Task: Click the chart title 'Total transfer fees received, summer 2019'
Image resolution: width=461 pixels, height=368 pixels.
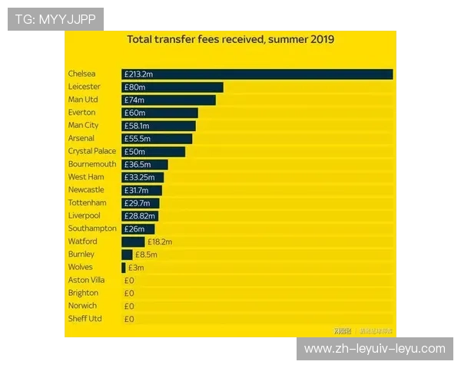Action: point(230,40)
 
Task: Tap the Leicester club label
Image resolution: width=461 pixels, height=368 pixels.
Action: point(84,87)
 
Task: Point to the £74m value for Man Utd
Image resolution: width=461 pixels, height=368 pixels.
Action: point(134,100)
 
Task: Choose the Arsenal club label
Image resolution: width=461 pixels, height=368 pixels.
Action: point(81,139)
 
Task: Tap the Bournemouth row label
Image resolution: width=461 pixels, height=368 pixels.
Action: point(91,164)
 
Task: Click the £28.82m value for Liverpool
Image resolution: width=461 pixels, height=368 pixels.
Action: point(139,216)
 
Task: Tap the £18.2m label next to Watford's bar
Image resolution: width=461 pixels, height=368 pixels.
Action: point(159,242)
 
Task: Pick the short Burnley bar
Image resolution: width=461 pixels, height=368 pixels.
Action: point(127,255)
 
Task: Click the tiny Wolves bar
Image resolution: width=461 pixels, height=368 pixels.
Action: point(123,268)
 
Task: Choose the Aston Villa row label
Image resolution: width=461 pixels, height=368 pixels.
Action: point(86,281)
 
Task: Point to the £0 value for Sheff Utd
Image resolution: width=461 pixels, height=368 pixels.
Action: point(129,319)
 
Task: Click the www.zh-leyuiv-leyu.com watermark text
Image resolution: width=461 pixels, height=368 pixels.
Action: point(374,349)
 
